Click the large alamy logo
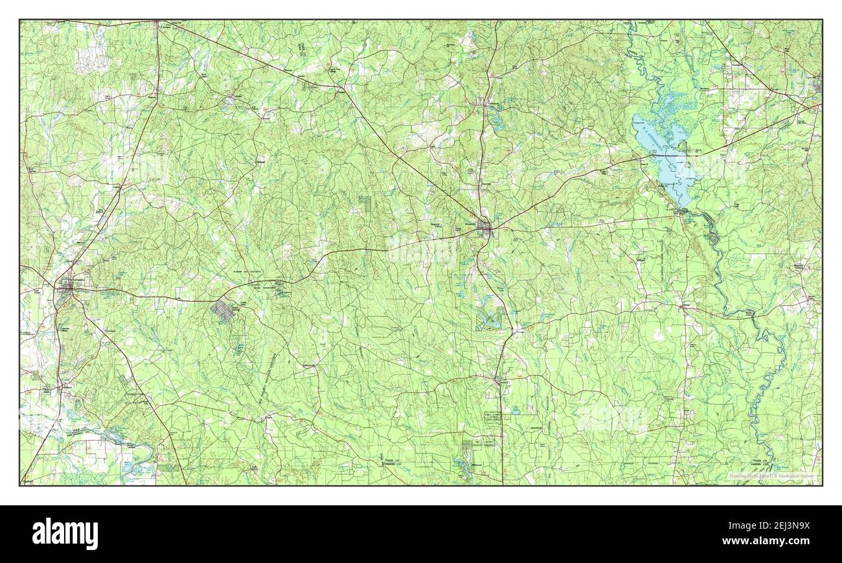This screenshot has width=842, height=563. point(65,534)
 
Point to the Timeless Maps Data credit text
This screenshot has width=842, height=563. point(771,476)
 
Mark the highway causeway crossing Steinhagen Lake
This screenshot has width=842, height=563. point(674,154)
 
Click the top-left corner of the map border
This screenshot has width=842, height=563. point(20,20)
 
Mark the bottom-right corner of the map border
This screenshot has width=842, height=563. point(822,485)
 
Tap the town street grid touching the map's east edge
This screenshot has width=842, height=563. point(817,84)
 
